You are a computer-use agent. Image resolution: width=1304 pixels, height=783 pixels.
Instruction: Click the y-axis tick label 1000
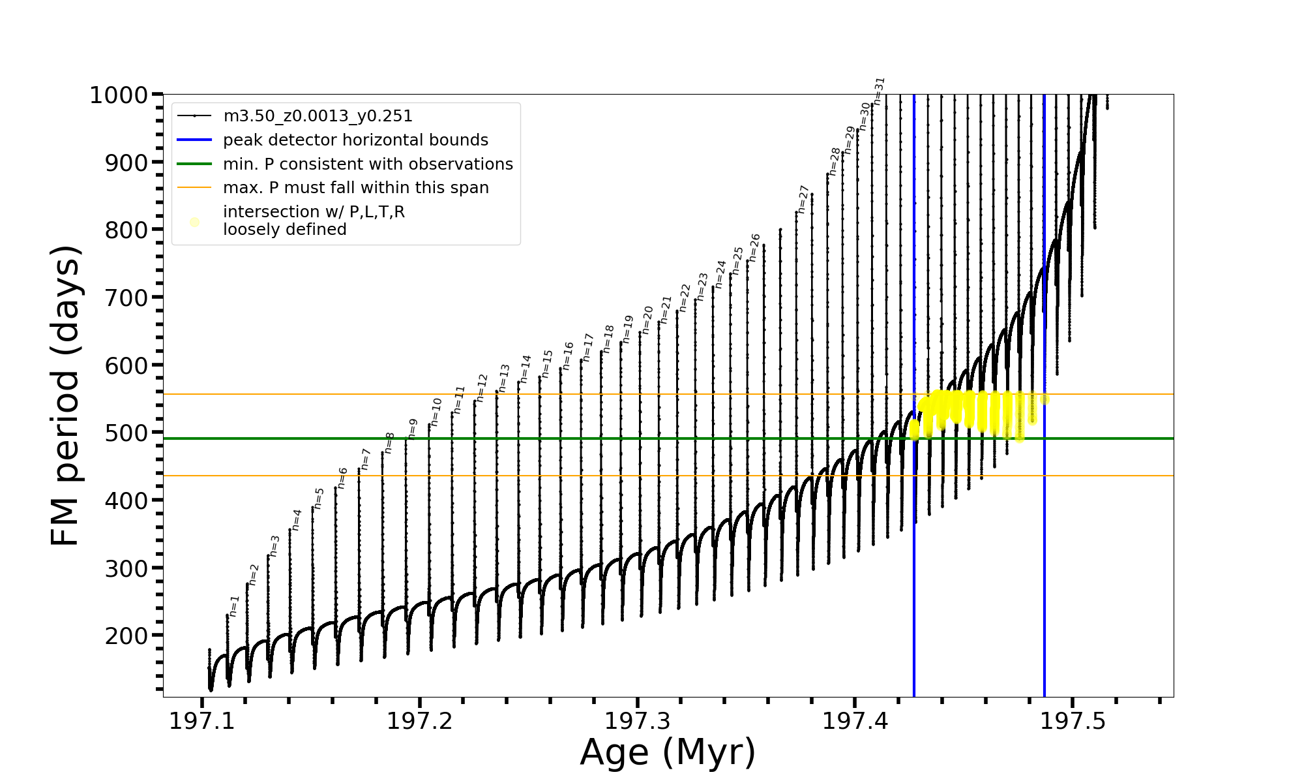(119, 95)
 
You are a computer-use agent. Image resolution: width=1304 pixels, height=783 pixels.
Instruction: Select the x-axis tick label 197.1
(202, 722)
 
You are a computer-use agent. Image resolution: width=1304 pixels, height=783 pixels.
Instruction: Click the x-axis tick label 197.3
(637, 722)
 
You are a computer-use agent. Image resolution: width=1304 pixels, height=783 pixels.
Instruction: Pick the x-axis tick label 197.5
(1073, 722)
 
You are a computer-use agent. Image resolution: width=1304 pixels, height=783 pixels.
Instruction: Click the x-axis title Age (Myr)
(668, 752)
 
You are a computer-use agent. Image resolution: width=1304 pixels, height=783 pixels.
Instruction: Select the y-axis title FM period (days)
(65, 395)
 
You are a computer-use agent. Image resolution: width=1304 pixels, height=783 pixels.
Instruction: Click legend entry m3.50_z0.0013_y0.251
(318, 116)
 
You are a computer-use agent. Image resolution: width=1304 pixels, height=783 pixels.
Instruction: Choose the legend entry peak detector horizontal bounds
(355, 140)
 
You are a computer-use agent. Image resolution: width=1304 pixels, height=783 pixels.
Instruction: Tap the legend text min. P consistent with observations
(368, 164)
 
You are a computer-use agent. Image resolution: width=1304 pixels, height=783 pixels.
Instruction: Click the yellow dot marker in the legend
(194, 222)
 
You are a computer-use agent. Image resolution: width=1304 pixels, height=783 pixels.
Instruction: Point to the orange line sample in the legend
(194, 188)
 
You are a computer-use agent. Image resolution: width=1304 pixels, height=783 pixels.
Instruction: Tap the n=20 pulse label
(647, 320)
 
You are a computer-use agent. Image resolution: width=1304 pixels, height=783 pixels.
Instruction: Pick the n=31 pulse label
(879, 91)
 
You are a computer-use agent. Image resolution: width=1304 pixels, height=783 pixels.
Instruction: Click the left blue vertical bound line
(914, 587)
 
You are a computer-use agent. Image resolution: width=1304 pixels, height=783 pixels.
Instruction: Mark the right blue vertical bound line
(1045, 587)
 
